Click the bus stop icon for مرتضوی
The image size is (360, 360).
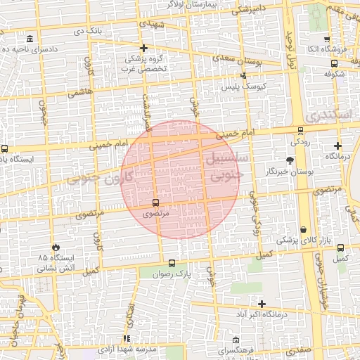pyautogui.click(x=155, y=202)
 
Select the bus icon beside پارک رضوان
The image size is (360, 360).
pyautogui.click(x=172, y=263)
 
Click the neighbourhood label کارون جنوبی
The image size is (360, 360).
pyautogui.click(x=94, y=179)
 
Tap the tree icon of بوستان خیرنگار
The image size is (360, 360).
pyautogui.click(x=290, y=161)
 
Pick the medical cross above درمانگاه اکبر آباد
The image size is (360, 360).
pyautogui.click(x=262, y=304)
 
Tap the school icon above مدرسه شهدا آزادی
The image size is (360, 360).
pyautogui.click(x=127, y=338)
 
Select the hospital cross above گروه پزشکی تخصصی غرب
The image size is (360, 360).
pyautogui.click(x=143, y=49)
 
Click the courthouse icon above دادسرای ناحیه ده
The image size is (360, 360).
pyautogui.click(x=29, y=39)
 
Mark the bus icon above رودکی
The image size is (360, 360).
pyautogui.click(x=301, y=130)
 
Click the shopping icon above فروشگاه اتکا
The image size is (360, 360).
pyautogui.click(x=326, y=39)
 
